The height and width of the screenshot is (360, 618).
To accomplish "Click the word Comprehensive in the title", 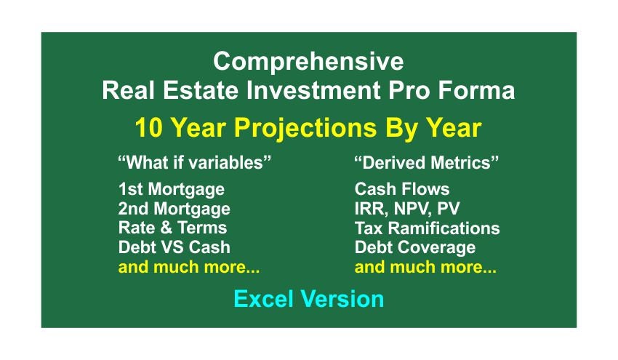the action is pos(308,63).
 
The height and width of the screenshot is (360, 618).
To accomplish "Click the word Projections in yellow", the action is pos(305,129).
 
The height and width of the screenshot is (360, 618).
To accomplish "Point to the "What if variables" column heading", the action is pos(195,162).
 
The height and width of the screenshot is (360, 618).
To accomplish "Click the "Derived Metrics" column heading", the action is pos(427,162).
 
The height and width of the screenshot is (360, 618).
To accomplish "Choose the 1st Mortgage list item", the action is pos(172,190).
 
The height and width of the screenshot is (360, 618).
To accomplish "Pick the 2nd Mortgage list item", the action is pos(174,209).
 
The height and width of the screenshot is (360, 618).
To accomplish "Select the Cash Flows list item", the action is pos(402,189).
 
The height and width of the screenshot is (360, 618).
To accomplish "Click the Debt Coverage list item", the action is pos(415,248).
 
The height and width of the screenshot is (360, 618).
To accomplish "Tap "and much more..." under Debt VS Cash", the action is pos(189,267).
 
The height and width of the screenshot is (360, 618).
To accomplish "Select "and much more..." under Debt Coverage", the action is pos(425,267).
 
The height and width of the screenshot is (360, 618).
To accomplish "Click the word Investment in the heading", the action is pos(313,90).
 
